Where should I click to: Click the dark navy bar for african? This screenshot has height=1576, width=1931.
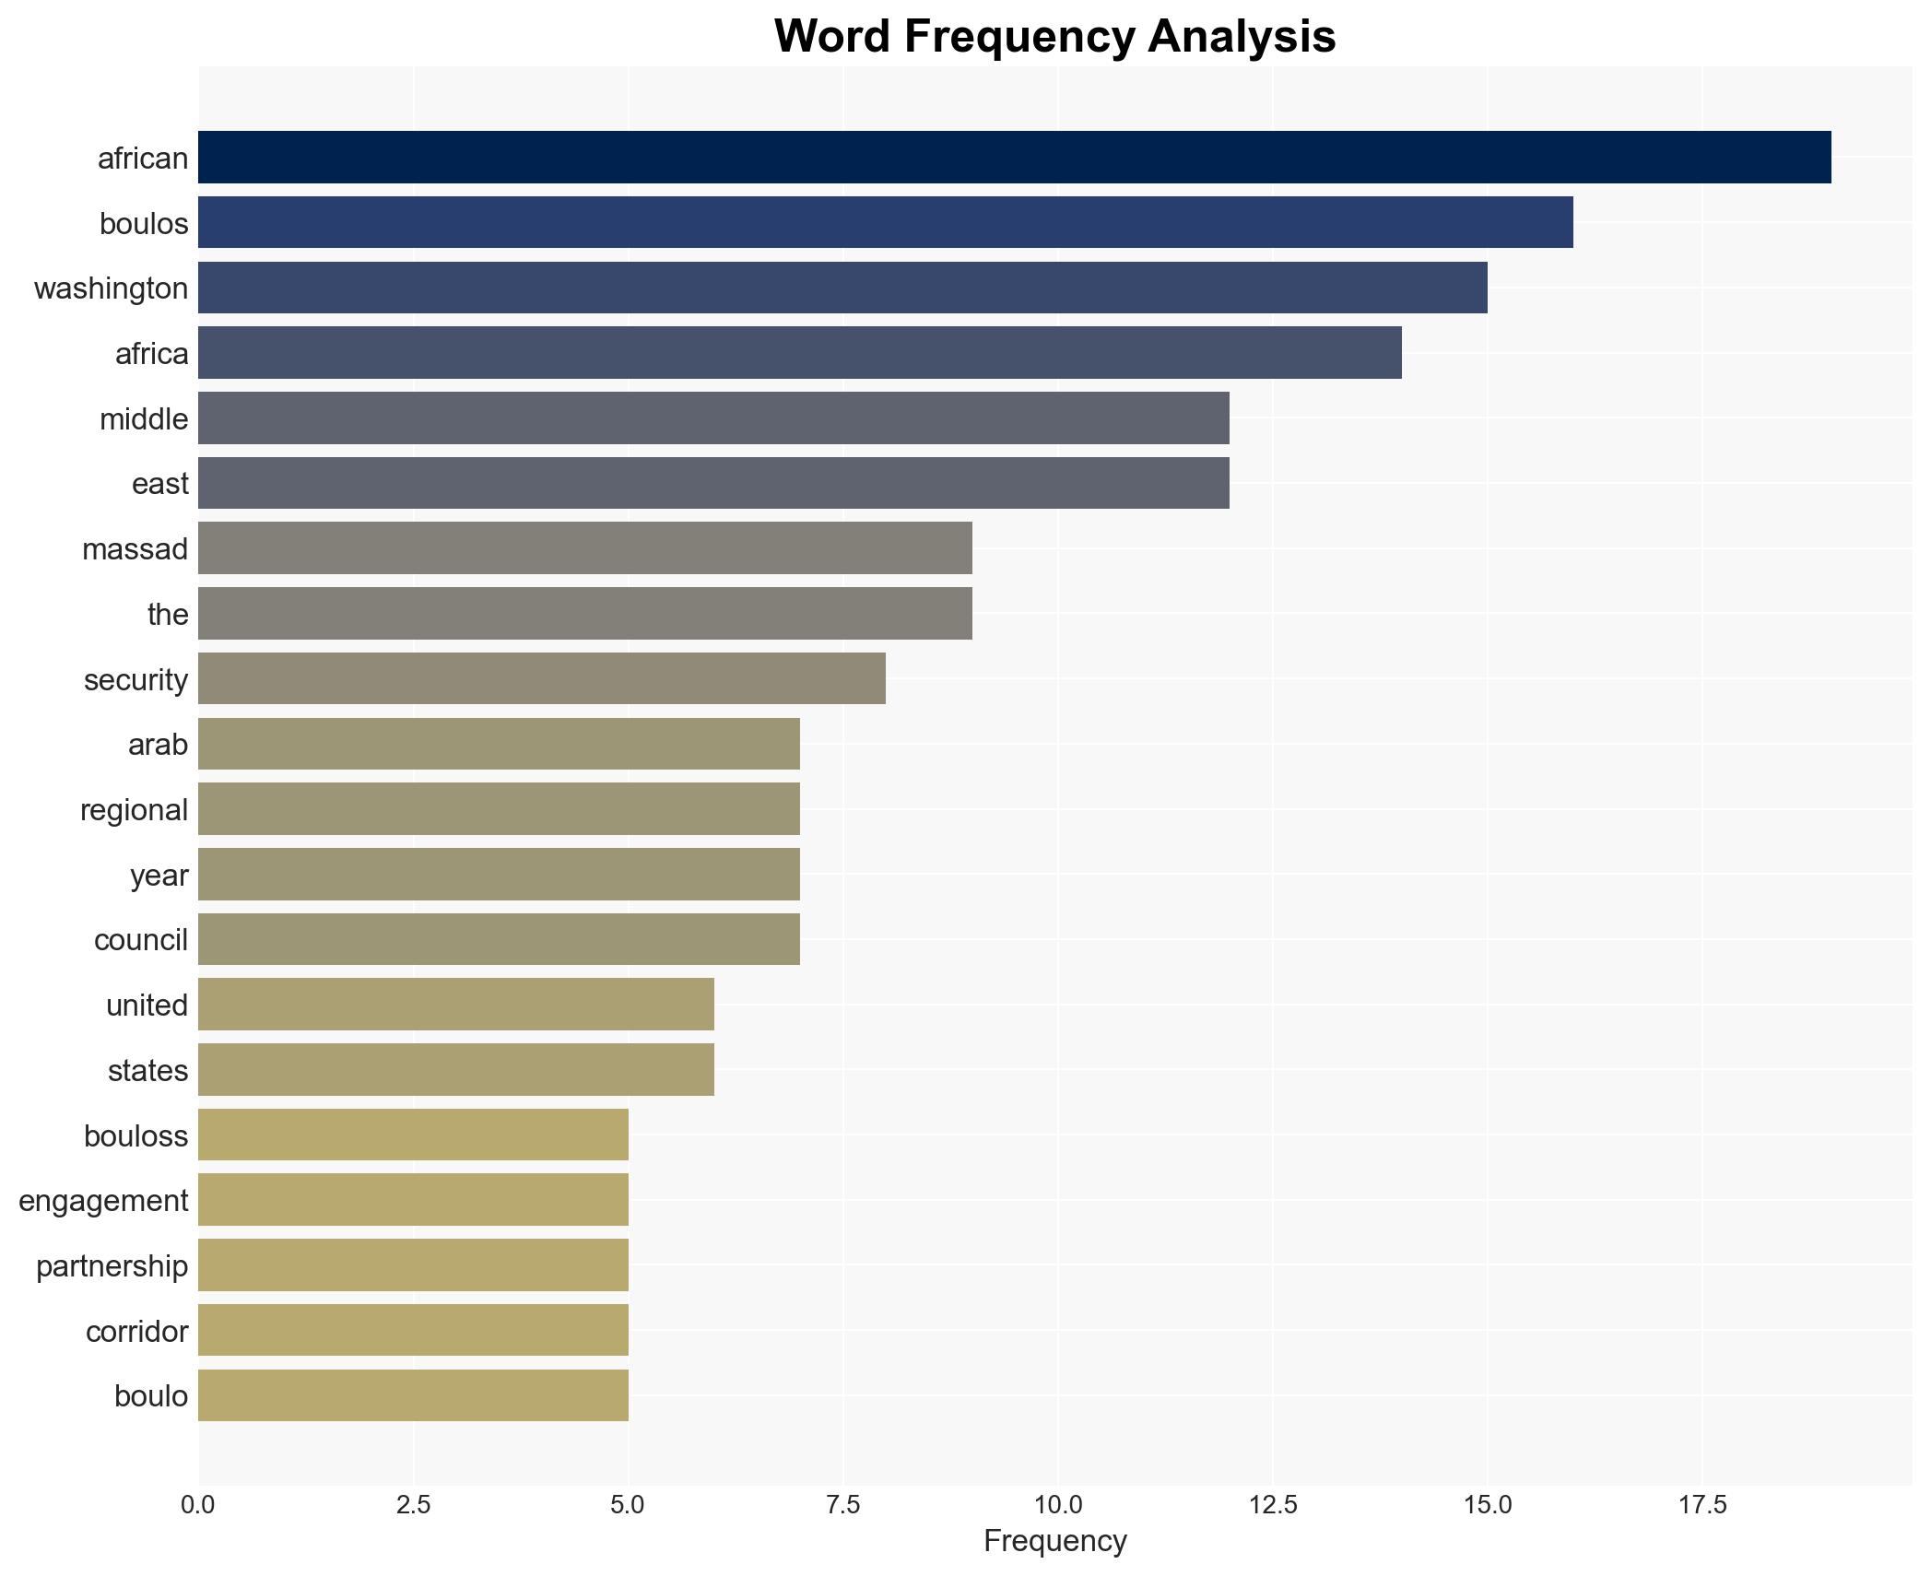(x=1014, y=158)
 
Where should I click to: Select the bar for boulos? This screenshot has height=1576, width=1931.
(x=885, y=223)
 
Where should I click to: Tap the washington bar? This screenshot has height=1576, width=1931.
(x=842, y=288)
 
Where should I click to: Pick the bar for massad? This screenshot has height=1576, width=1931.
(x=584, y=548)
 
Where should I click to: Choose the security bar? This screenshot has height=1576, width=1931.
(x=542, y=678)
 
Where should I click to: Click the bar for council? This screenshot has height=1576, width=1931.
(x=499, y=939)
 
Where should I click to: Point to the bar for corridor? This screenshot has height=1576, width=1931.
(x=413, y=1330)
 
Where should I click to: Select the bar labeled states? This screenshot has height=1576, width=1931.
(x=455, y=1069)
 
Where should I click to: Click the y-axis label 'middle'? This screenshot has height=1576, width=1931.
(x=144, y=419)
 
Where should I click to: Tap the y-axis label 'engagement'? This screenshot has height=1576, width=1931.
(x=103, y=1201)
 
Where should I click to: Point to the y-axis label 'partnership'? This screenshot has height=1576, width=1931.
(x=112, y=1266)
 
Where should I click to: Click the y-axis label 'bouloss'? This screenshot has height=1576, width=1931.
(x=135, y=1135)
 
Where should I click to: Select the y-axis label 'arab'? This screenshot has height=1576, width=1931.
(x=158, y=745)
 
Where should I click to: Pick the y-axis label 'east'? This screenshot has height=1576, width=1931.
(x=159, y=484)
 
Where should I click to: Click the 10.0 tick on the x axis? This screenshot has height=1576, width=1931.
(x=1057, y=1504)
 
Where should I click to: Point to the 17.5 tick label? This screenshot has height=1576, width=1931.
(x=1701, y=1504)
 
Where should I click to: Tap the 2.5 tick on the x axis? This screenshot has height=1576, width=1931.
(x=413, y=1504)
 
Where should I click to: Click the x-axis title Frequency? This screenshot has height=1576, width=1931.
(x=1054, y=1541)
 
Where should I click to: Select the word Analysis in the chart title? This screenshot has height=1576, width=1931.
(x=1242, y=38)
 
